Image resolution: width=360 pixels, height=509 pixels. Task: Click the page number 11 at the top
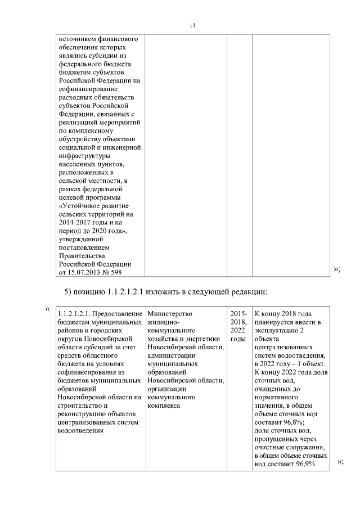(192, 25)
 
